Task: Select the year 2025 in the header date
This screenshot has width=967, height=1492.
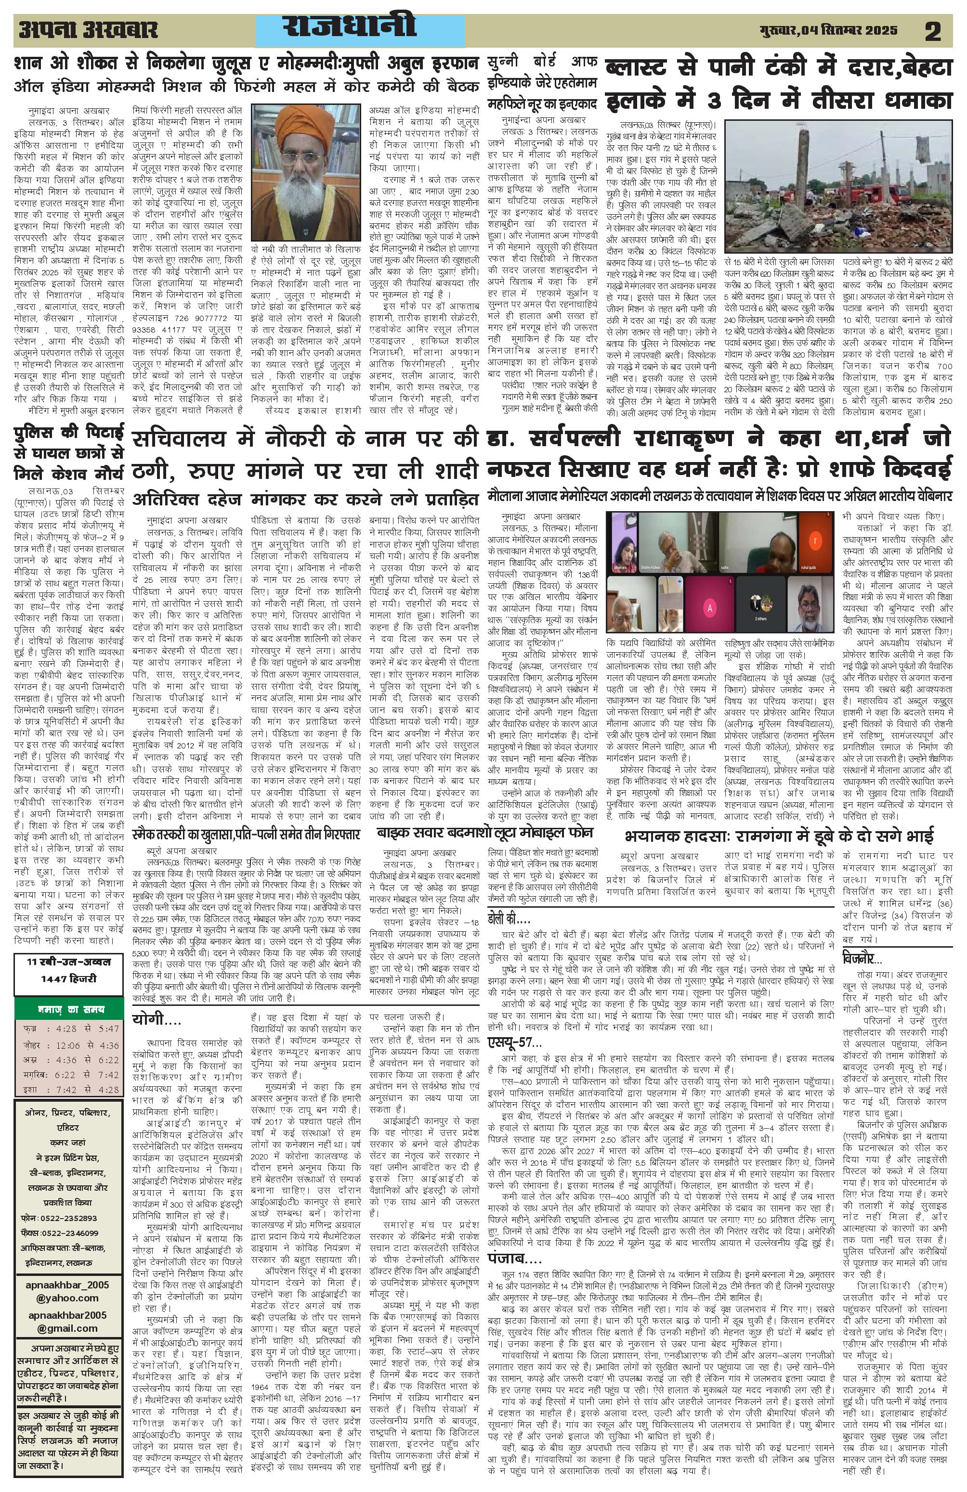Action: click(x=877, y=30)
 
